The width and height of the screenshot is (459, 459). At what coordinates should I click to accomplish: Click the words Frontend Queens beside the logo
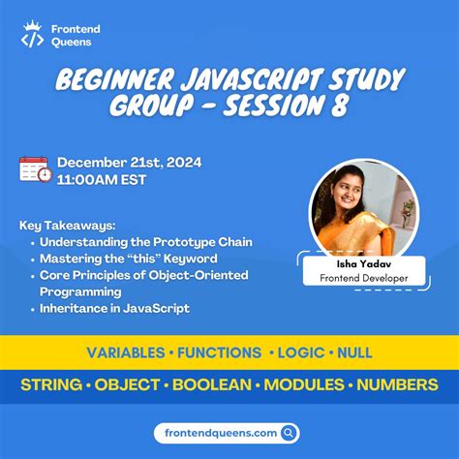click(76, 36)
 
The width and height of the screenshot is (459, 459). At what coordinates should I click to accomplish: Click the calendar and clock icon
click(36, 169)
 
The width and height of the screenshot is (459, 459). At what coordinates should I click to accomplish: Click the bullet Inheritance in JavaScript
click(114, 308)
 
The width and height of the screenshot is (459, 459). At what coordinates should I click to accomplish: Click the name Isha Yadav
click(352, 263)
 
